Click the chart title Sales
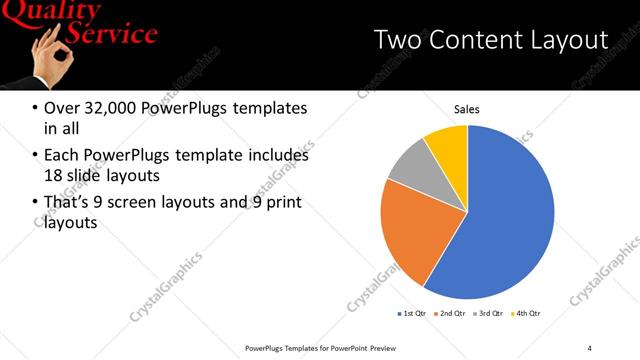pyautogui.click(x=468, y=108)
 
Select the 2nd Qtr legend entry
pyautogui.click(x=451, y=314)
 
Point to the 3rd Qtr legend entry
pyautogui.click(x=489, y=314)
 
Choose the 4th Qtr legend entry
pyautogui.click(x=527, y=314)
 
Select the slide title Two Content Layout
pyautogui.click(x=489, y=40)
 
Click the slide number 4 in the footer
pyautogui.click(x=590, y=347)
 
